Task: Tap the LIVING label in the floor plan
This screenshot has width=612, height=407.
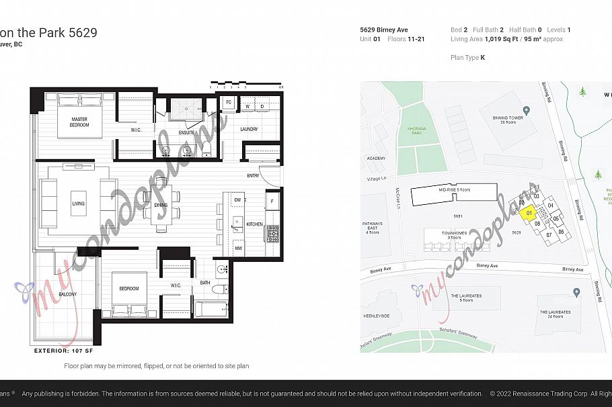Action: pos(79,203)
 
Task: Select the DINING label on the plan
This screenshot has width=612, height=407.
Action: pos(161,206)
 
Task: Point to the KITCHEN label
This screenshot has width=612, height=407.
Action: pos(255,224)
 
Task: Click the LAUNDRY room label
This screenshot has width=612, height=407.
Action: pos(249,129)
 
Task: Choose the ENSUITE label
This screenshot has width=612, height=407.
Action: pos(186,132)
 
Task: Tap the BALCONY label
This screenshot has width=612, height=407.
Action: pos(67,294)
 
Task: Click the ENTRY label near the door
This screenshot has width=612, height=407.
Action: pos(253,176)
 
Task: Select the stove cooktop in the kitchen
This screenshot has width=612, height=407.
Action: pos(272,233)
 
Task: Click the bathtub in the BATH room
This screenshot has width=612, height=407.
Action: pos(213,309)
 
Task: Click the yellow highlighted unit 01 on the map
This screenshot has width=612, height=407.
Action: pos(528,212)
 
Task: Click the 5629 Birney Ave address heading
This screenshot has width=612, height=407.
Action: pos(383,30)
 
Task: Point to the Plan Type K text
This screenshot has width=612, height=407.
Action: pos(467,58)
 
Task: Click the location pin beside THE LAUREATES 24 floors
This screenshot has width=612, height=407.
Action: pos(576,293)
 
